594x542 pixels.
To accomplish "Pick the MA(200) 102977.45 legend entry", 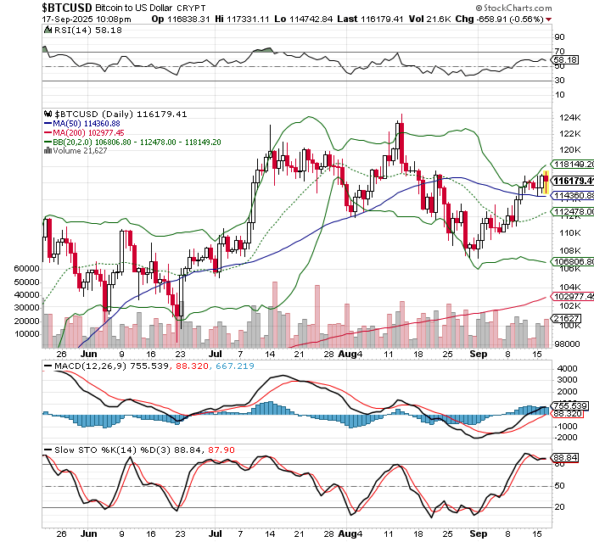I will click(x=85, y=133).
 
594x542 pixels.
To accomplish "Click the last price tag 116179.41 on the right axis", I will click(x=572, y=181).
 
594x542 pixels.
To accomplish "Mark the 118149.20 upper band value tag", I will click(x=571, y=164).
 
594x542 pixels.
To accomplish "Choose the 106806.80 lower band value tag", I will click(x=571, y=262).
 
